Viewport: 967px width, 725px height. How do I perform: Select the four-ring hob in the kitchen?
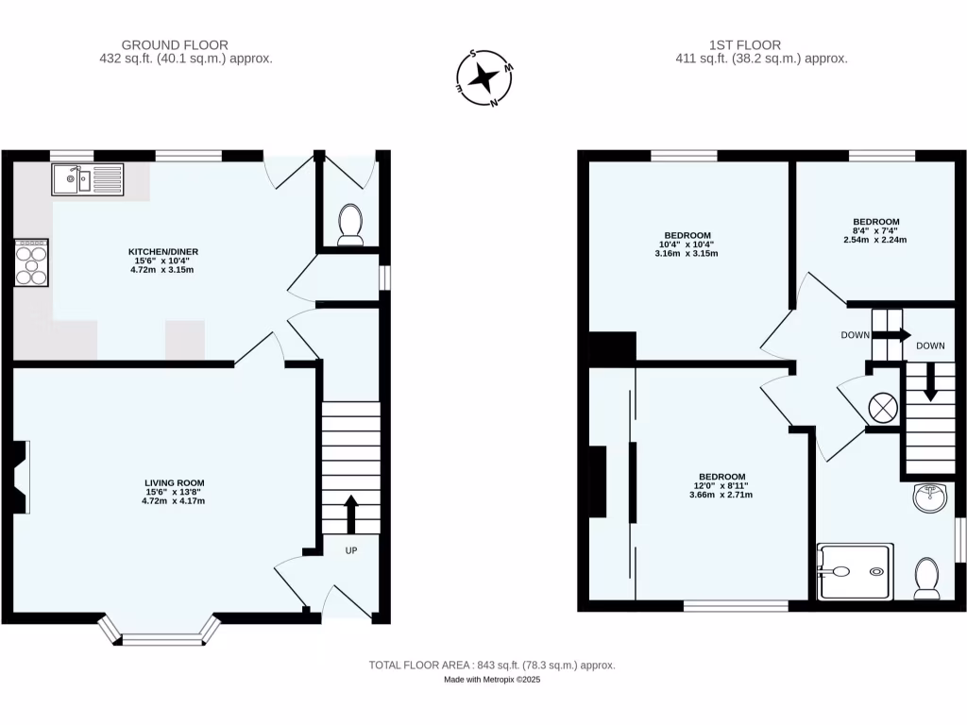pyautogui.click(x=31, y=261)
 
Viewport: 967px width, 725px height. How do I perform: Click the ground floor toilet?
pyautogui.click(x=349, y=224)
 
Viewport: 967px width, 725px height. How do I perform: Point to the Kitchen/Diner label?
pyautogui.click(x=163, y=261)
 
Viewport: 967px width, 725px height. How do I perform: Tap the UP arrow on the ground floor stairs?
pyautogui.click(x=351, y=514)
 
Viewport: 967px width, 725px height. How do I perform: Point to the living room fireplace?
pyautogui.click(x=19, y=477)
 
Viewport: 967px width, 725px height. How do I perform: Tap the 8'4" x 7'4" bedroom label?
pyautogui.click(x=875, y=230)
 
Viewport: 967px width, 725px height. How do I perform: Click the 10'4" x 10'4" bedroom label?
pyautogui.click(x=687, y=244)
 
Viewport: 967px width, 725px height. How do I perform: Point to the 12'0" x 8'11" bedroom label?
pyautogui.click(x=721, y=485)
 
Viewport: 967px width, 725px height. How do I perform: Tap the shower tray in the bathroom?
pyautogui.click(x=855, y=571)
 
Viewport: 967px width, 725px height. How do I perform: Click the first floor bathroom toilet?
pyautogui.click(x=926, y=578)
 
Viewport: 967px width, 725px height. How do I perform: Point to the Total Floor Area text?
pyautogui.click(x=491, y=666)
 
